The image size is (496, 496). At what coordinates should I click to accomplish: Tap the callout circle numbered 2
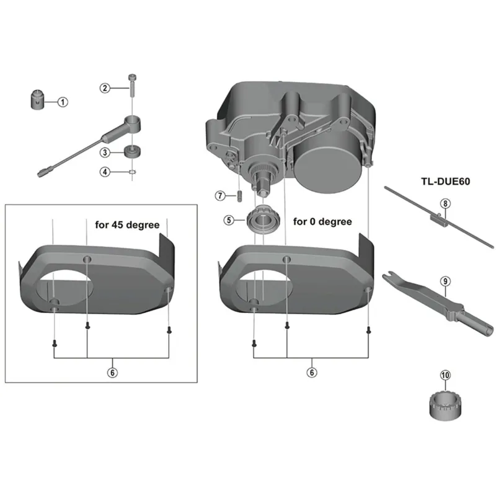click(106, 88)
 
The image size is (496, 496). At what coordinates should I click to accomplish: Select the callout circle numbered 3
click(106, 152)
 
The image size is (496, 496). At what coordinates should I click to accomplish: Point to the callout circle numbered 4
click(106, 172)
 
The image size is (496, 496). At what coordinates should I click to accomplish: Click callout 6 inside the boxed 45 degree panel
click(112, 372)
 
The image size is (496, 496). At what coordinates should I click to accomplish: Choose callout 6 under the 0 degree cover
click(312, 372)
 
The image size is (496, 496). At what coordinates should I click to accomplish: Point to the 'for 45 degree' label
click(126, 224)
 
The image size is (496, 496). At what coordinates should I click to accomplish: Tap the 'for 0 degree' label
click(322, 221)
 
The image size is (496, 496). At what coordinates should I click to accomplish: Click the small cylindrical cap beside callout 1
click(37, 99)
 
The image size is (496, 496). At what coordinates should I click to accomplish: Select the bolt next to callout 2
click(132, 82)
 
